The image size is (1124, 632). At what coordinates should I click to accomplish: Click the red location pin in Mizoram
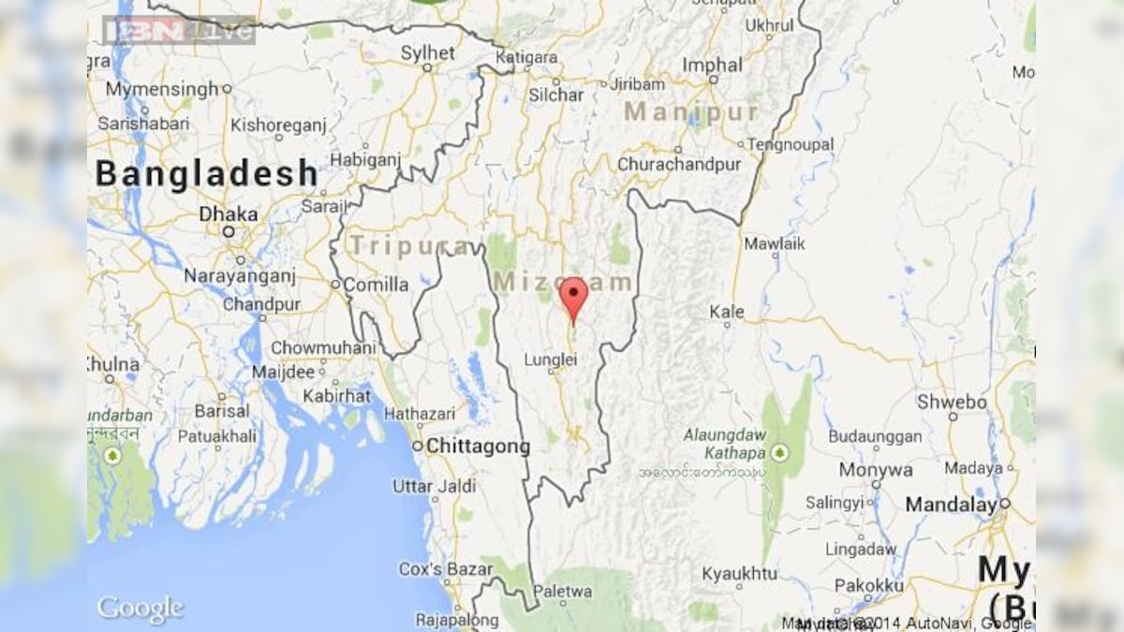pos(573,297)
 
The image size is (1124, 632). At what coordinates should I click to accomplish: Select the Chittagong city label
pos(478,447)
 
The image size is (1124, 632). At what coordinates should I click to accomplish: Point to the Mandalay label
pos(951,505)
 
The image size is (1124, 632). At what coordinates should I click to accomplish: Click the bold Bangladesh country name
pos(207,174)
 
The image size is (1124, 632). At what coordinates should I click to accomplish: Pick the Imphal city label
pos(712,65)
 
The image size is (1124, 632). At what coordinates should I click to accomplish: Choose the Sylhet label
pos(427,52)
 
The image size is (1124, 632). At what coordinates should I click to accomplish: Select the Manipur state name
pos(691,112)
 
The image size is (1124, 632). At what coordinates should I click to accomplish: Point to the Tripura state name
pos(408,246)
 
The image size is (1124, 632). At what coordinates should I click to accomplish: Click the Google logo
pos(140,608)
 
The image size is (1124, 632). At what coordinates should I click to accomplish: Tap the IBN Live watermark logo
pos(178,30)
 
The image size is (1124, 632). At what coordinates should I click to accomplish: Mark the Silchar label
pos(555,95)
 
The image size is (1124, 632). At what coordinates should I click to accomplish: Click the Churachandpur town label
pos(679,164)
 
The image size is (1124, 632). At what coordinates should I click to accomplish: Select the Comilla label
pos(376,284)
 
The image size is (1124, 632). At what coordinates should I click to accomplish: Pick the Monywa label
pos(875,469)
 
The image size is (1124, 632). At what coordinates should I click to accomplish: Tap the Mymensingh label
pos(162,89)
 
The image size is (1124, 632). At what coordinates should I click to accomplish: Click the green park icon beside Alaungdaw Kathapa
pos(779,452)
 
